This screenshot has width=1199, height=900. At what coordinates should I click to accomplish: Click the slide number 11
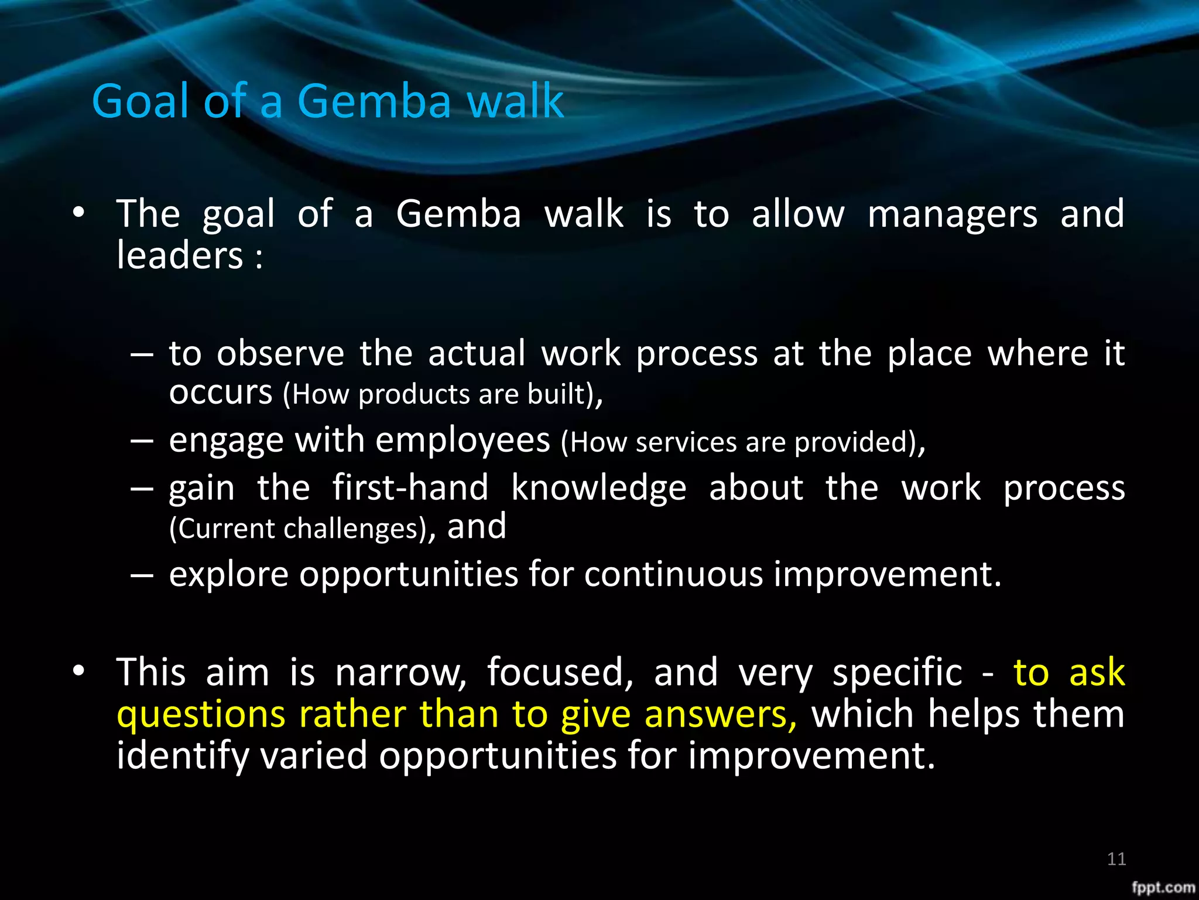coord(1116,859)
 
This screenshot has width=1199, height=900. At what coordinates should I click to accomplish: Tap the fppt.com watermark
coord(1163,888)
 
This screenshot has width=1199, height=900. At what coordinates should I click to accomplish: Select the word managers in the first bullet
coord(953,214)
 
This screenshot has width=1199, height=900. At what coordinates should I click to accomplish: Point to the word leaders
coord(179,256)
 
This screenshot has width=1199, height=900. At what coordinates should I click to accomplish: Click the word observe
coord(280,354)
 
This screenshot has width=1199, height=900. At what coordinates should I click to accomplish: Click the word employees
coord(463,441)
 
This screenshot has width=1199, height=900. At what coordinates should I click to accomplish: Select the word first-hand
coord(410,488)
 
